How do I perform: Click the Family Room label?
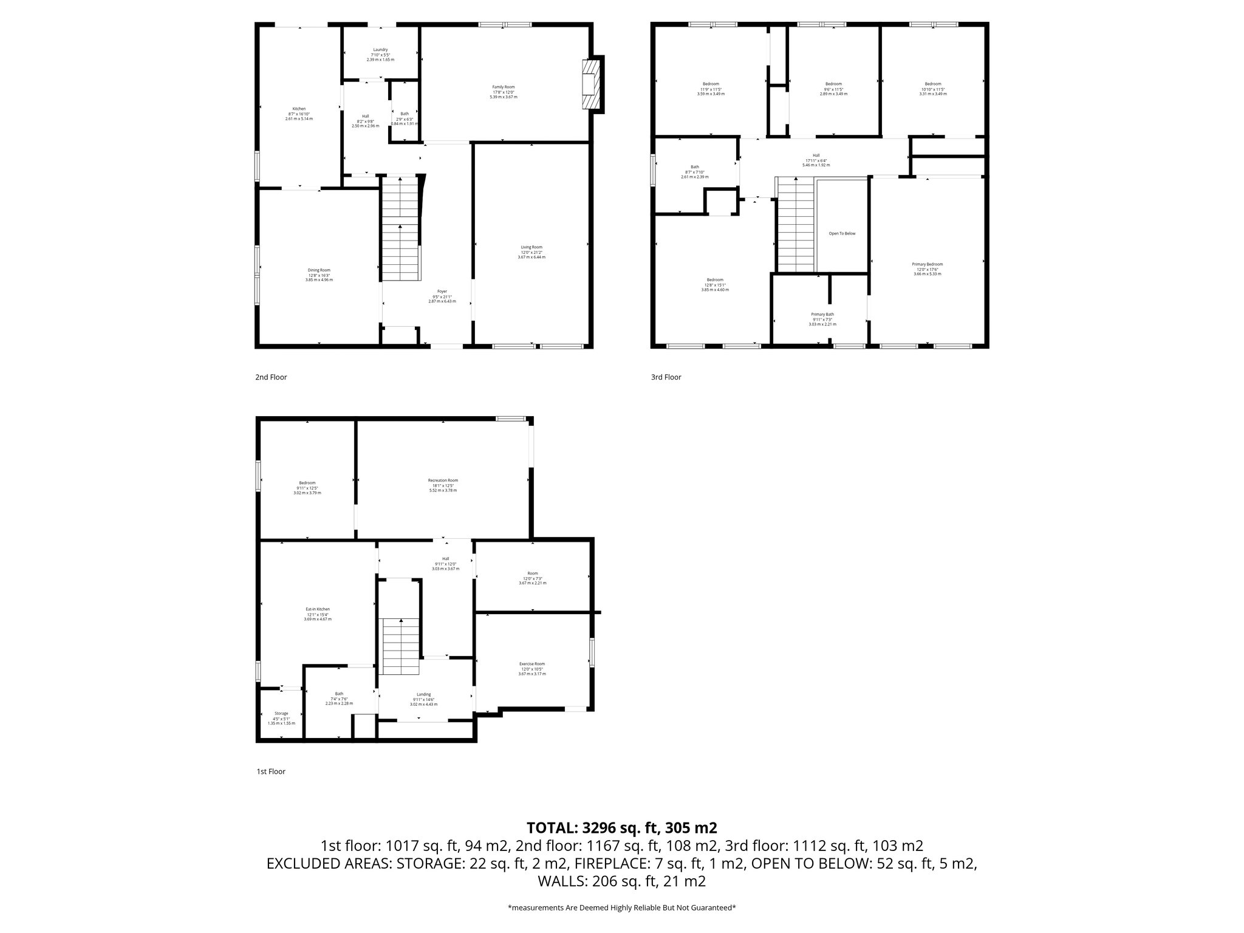[504, 87]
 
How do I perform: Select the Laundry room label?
[380, 50]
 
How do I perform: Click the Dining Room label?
[319, 270]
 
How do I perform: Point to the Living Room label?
[531, 247]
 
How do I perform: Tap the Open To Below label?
[842, 233]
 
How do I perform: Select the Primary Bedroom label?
[927, 264]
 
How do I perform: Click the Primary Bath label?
[822, 315]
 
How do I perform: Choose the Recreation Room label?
[443, 480]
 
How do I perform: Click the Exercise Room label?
[531, 664]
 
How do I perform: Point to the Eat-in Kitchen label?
[317, 609]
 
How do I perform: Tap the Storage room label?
[281, 714]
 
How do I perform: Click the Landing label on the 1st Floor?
[423, 694]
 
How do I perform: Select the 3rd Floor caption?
[666, 377]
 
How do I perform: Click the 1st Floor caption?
[270, 772]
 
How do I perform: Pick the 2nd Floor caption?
[271, 377]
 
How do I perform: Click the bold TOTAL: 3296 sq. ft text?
[621, 827]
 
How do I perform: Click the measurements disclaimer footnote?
[621, 907]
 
